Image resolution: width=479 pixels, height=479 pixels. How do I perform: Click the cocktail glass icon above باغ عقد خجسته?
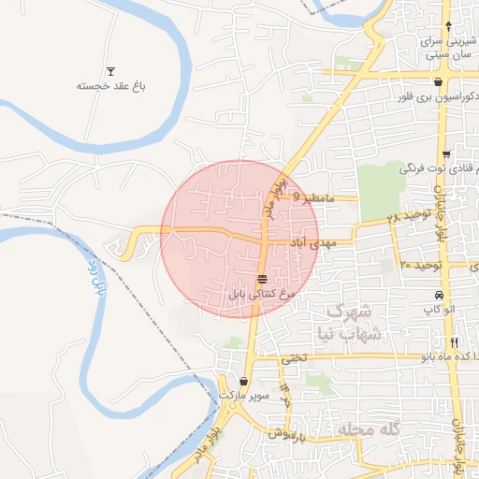point(111,71)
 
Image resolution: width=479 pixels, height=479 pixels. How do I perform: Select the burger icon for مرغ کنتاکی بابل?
point(263,279)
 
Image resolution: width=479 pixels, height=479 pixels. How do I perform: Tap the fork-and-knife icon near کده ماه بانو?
point(455,342)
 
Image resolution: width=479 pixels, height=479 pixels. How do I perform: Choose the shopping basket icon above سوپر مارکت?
point(245,382)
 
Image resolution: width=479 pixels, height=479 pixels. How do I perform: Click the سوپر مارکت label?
point(245,397)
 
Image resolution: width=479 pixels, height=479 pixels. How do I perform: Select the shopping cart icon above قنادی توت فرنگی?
point(447,154)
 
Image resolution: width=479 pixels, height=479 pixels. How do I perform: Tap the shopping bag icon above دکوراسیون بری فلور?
point(438,82)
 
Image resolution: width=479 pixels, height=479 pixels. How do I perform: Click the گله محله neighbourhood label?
point(368,428)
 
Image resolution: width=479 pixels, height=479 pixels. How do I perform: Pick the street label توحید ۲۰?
point(419,265)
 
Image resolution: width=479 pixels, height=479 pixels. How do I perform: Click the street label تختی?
point(294,357)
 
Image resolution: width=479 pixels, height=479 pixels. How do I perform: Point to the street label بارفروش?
point(290,433)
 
